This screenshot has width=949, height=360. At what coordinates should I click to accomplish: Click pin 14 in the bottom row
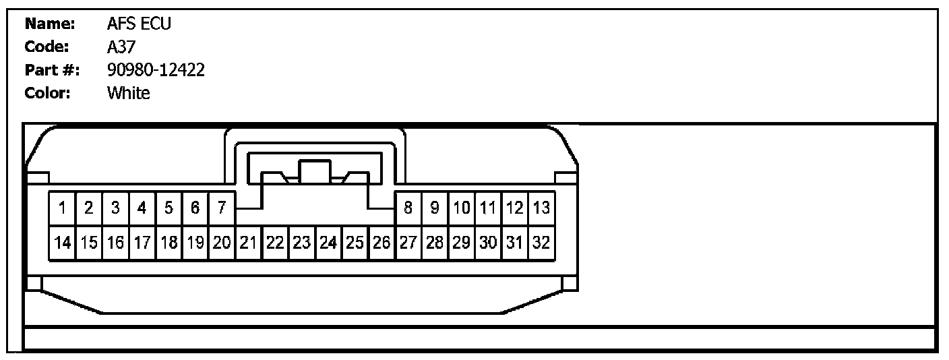(x=62, y=243)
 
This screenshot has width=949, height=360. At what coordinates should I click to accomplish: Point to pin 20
(x=221, y=243)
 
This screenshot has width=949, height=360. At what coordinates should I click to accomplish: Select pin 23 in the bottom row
(x=301, y=243)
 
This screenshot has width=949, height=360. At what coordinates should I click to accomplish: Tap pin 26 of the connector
(x=381, y=243)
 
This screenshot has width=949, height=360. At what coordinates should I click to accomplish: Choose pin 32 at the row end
(x=541, y=243)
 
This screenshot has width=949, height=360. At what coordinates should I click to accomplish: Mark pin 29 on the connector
(x=462, y=243)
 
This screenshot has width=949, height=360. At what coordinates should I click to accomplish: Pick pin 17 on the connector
(x=142, y=243)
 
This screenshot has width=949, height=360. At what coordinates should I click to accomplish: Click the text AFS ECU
(x=140, y=24)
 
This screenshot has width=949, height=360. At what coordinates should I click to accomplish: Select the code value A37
(x=122, y=47)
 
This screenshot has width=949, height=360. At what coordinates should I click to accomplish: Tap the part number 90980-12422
(x=156, y=70)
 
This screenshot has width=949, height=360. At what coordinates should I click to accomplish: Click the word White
(x=129, y=93)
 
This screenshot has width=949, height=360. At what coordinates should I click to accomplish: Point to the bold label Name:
(x=50, y=24)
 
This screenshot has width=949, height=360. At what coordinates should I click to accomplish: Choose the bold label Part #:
(x=53, y=70)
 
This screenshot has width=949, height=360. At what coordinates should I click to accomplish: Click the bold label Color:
(x=48, y=93)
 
